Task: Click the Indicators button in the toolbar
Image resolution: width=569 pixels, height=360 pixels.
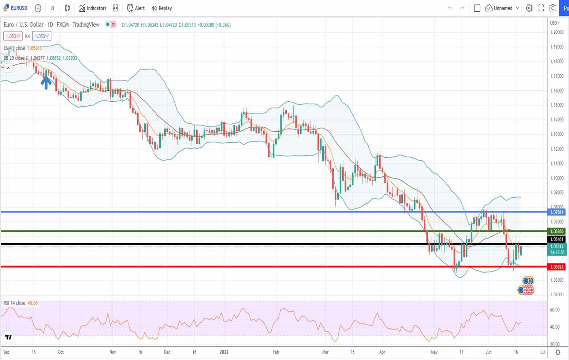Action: coord(93,8)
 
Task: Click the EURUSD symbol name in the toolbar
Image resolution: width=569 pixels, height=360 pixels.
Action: coord(19,8)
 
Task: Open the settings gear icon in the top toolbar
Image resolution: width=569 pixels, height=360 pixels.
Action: coord(529,8)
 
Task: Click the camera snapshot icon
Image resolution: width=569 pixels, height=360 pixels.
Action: coord(553,8)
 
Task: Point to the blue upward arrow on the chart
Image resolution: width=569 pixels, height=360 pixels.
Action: coord(46,82)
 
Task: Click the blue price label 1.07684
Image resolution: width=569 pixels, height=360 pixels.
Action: coord(557,212)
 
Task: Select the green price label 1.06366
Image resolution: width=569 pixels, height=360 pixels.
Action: coord(557,231)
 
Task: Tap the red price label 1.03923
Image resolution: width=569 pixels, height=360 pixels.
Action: coord(557,267)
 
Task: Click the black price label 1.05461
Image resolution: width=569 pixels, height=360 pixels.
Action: coord(557,239)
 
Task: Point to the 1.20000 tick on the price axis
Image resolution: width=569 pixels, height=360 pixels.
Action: coord(557,32)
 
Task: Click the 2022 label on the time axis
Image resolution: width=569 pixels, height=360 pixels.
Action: coord(224,352)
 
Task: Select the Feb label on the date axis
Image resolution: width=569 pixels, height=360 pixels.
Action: coord(276,352)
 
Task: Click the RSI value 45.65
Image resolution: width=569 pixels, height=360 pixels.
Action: coord(33,303)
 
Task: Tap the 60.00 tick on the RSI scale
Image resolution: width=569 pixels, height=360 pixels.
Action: coord(555,310)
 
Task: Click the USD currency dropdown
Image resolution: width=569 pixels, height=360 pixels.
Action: coord(555,23)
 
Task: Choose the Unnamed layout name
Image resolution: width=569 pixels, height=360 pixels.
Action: coord(503,8)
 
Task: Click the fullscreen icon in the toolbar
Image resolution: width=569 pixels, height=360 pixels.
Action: coord(541,8)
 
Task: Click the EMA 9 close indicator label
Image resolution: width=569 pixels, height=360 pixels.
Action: coord(15,48)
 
